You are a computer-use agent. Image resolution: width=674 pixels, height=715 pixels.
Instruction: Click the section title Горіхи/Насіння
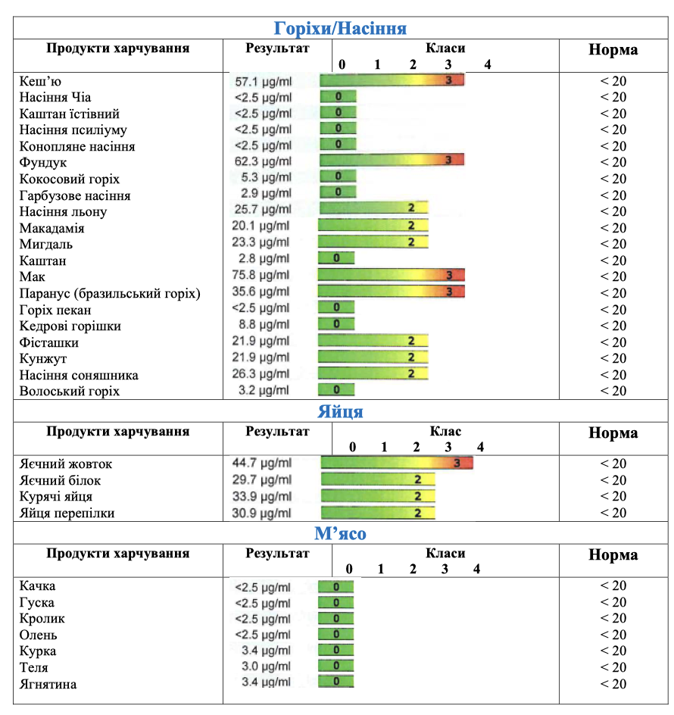click(x=340, y=28)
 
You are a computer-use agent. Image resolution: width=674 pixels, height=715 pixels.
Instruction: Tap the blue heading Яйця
click(x=340, y=412)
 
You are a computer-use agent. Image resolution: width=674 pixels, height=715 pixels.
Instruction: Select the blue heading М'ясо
click(x=340, y=533)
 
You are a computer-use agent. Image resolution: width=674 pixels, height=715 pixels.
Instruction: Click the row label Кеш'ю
click(x=40, y=81)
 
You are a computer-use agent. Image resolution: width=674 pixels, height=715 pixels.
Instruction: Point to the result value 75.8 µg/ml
click(x=261, y=275)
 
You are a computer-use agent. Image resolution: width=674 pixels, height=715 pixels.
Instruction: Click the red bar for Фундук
click(x=392, y=160)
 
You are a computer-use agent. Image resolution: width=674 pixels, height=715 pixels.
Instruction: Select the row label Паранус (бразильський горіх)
click(x=110, y=293)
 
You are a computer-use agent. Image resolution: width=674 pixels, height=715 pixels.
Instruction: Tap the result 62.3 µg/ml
click(x=263, y=161)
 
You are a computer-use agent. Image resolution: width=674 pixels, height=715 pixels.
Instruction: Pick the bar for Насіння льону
click(x=373, y=208)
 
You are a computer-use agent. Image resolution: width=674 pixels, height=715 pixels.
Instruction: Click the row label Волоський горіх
click(x=70, y=392)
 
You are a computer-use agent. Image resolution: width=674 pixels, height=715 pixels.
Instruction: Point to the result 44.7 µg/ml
click(x=262, y=463)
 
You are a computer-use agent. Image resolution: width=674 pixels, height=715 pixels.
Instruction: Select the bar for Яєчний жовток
click(x=397, y=463)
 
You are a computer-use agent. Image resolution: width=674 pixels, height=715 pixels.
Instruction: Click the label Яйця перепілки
click(x=67, y=514)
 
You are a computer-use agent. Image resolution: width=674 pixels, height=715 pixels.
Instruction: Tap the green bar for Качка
click(x=335, y=587)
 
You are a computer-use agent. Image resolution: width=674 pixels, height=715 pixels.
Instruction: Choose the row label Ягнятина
click(x=48, y=684)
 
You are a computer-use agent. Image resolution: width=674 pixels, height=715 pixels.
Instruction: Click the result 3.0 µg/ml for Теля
click(x=266, y=667)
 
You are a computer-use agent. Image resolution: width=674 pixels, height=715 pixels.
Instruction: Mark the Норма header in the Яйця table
click(x=613, y=432)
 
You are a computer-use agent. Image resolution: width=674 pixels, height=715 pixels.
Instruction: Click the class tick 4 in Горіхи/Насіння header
click(x=488, y=64)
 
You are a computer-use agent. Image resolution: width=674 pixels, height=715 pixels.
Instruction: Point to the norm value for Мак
click(x=613, y=276)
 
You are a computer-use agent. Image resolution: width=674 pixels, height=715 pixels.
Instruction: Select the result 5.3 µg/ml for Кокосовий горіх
click(x=266, y=177)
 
